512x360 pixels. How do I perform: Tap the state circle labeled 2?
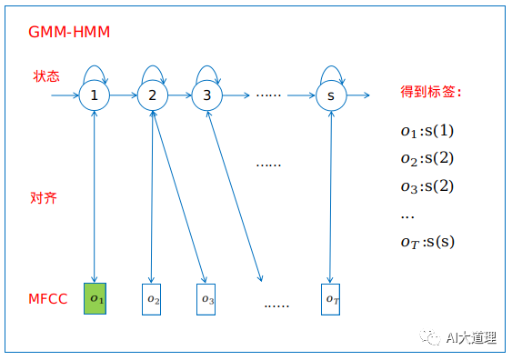coord(152,95)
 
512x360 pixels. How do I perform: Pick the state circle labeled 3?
coord(207,95)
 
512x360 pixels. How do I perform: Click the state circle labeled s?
coord(331,95)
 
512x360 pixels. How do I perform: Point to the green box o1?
coord(95,299)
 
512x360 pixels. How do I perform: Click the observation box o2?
coord(152,299)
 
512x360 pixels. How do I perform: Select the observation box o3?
coord(207,299)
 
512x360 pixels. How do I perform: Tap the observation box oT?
coord(331,299)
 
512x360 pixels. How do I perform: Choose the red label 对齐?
coord(44,197)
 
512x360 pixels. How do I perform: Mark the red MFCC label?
coord(49,299)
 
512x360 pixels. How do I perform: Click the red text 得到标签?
coord(432,92)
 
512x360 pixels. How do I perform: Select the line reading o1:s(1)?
coord(427,131)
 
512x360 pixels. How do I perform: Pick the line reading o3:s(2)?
coord(427,186)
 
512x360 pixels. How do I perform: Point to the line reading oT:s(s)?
coord(427,242)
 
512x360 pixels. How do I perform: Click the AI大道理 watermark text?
coord(470,338)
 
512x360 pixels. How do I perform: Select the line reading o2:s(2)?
coord(427,158)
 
